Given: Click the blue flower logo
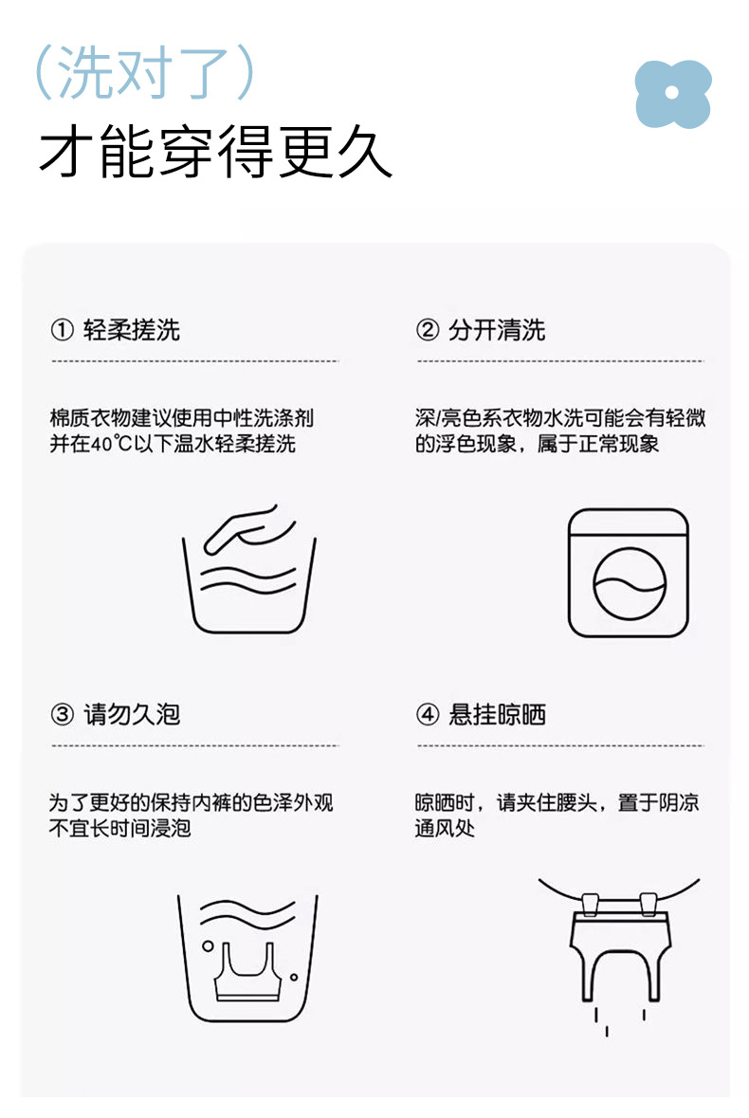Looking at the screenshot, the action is click(673, 94).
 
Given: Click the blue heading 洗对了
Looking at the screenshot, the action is click(145, 72).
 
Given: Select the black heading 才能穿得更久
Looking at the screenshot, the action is click(215, 151).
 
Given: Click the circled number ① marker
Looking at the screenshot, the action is click(62, 330).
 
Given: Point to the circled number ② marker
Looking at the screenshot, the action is click(428, 330).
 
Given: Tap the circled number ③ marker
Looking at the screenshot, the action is click(62, 714).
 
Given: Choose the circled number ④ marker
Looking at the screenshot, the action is click(428, 714).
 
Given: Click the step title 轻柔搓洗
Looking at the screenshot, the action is click(132, 330).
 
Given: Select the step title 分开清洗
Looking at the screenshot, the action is click(498, 330).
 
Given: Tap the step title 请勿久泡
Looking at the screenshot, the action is click(132, 714).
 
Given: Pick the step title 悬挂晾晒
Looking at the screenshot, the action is click(498, 714).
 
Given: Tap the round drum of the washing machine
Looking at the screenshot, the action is click(630, 583).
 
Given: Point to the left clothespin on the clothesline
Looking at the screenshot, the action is click(590, 904).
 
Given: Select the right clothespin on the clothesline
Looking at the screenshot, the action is click(648, 904).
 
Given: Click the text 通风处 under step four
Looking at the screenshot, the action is click(446, 828).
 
